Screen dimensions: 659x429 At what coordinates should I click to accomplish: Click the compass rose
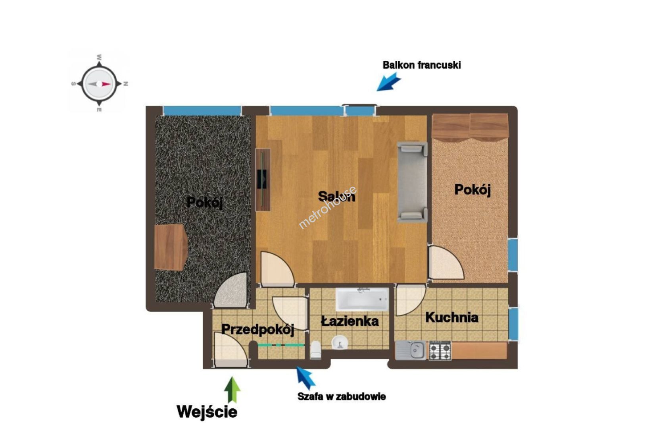(99, 84)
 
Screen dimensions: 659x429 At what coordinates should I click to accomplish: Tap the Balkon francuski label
(422, 65)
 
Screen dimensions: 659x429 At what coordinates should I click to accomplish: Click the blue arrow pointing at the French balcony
(389, 82)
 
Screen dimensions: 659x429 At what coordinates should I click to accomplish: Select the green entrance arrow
(232, 390)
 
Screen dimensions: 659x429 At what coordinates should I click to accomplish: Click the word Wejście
(207, 412)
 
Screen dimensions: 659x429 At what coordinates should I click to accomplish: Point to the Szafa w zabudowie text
(341, 396)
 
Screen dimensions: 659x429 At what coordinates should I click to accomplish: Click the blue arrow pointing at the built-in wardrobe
(305, 378)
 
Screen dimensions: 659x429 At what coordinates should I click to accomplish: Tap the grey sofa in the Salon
(412, 182)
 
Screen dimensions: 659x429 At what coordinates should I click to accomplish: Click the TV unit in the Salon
(263, 180)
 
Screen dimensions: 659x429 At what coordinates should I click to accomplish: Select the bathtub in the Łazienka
(363, 300)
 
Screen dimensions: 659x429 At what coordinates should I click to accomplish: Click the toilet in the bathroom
(316, 350)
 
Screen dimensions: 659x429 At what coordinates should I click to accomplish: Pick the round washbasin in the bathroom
(340, 343)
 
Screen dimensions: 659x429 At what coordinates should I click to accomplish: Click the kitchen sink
(411, 350)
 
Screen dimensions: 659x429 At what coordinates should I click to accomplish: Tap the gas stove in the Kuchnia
(440, 350)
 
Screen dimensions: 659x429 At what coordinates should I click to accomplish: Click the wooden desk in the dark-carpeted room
(171, 247)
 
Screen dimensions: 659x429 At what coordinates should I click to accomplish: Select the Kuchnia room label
(452, 318)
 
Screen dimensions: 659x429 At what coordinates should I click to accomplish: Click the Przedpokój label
(258, 329)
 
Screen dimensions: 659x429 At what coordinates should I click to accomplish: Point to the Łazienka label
(350, 321)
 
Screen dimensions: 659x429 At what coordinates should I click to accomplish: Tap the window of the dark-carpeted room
(202, 111)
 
